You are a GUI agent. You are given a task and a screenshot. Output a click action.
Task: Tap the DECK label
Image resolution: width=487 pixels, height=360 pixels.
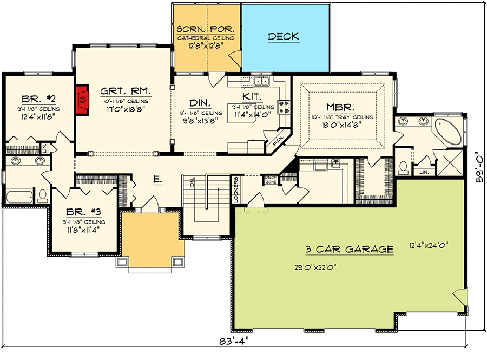284,36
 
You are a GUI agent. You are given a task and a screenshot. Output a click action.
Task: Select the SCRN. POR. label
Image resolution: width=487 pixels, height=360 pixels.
205,29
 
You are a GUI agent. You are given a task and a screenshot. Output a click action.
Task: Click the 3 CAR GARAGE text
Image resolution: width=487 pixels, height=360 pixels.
348,249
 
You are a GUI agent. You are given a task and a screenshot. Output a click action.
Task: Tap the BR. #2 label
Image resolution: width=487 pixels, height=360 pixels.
40,99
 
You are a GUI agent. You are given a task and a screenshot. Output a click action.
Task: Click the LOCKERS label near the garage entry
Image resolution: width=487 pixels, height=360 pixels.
236,190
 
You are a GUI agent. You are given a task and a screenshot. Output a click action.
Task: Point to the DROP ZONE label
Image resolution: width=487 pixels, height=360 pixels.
270,180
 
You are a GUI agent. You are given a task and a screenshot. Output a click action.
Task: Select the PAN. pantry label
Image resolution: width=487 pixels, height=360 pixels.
279,140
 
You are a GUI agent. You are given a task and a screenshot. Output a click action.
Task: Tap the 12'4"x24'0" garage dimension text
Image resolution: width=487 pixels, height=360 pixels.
429,245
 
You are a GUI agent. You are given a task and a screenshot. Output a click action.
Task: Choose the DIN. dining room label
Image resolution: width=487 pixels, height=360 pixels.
200,102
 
